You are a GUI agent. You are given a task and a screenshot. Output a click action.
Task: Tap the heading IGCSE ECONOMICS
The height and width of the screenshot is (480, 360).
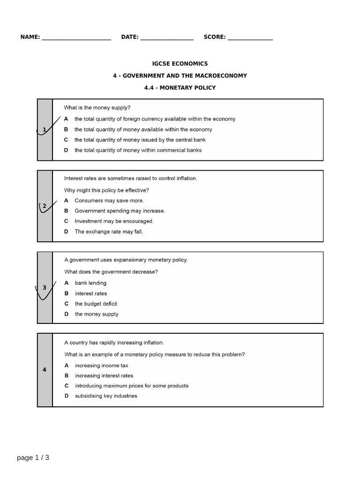point(180,64)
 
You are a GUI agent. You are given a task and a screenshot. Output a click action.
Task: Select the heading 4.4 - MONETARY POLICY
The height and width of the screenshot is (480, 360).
point(180,88)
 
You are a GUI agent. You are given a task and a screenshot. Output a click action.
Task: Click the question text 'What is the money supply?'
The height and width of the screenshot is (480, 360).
point(97,108)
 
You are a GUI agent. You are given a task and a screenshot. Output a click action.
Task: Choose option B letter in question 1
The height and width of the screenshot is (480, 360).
point(66,129)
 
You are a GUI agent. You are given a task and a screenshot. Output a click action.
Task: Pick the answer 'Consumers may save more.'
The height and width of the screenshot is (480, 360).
point(109,201)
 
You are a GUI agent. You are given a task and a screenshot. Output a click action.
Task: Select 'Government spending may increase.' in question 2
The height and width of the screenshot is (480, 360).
point(120,211)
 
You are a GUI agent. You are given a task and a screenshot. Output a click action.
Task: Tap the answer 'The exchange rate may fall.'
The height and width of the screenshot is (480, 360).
point(109,232)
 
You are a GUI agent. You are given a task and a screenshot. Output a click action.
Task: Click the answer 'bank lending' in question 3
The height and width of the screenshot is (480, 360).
point(90,283)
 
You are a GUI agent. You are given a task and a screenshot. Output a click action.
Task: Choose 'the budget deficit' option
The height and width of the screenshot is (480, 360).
point(96,304)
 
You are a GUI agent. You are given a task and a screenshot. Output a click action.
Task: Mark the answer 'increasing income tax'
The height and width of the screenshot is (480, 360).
point(101,366)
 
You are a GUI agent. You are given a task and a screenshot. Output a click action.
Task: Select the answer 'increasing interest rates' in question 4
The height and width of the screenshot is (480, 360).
point(104,376)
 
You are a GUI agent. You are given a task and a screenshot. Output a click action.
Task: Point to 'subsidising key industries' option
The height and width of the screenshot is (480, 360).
point(106,396)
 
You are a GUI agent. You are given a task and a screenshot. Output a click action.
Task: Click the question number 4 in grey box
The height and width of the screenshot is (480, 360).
point(45,370)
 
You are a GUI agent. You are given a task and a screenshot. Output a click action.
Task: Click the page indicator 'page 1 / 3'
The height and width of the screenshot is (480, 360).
point(33,458)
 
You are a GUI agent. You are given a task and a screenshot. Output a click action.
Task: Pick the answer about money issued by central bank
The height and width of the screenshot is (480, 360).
point(140,140)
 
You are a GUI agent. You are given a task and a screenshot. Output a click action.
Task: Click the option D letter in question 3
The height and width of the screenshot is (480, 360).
point(66,314)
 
